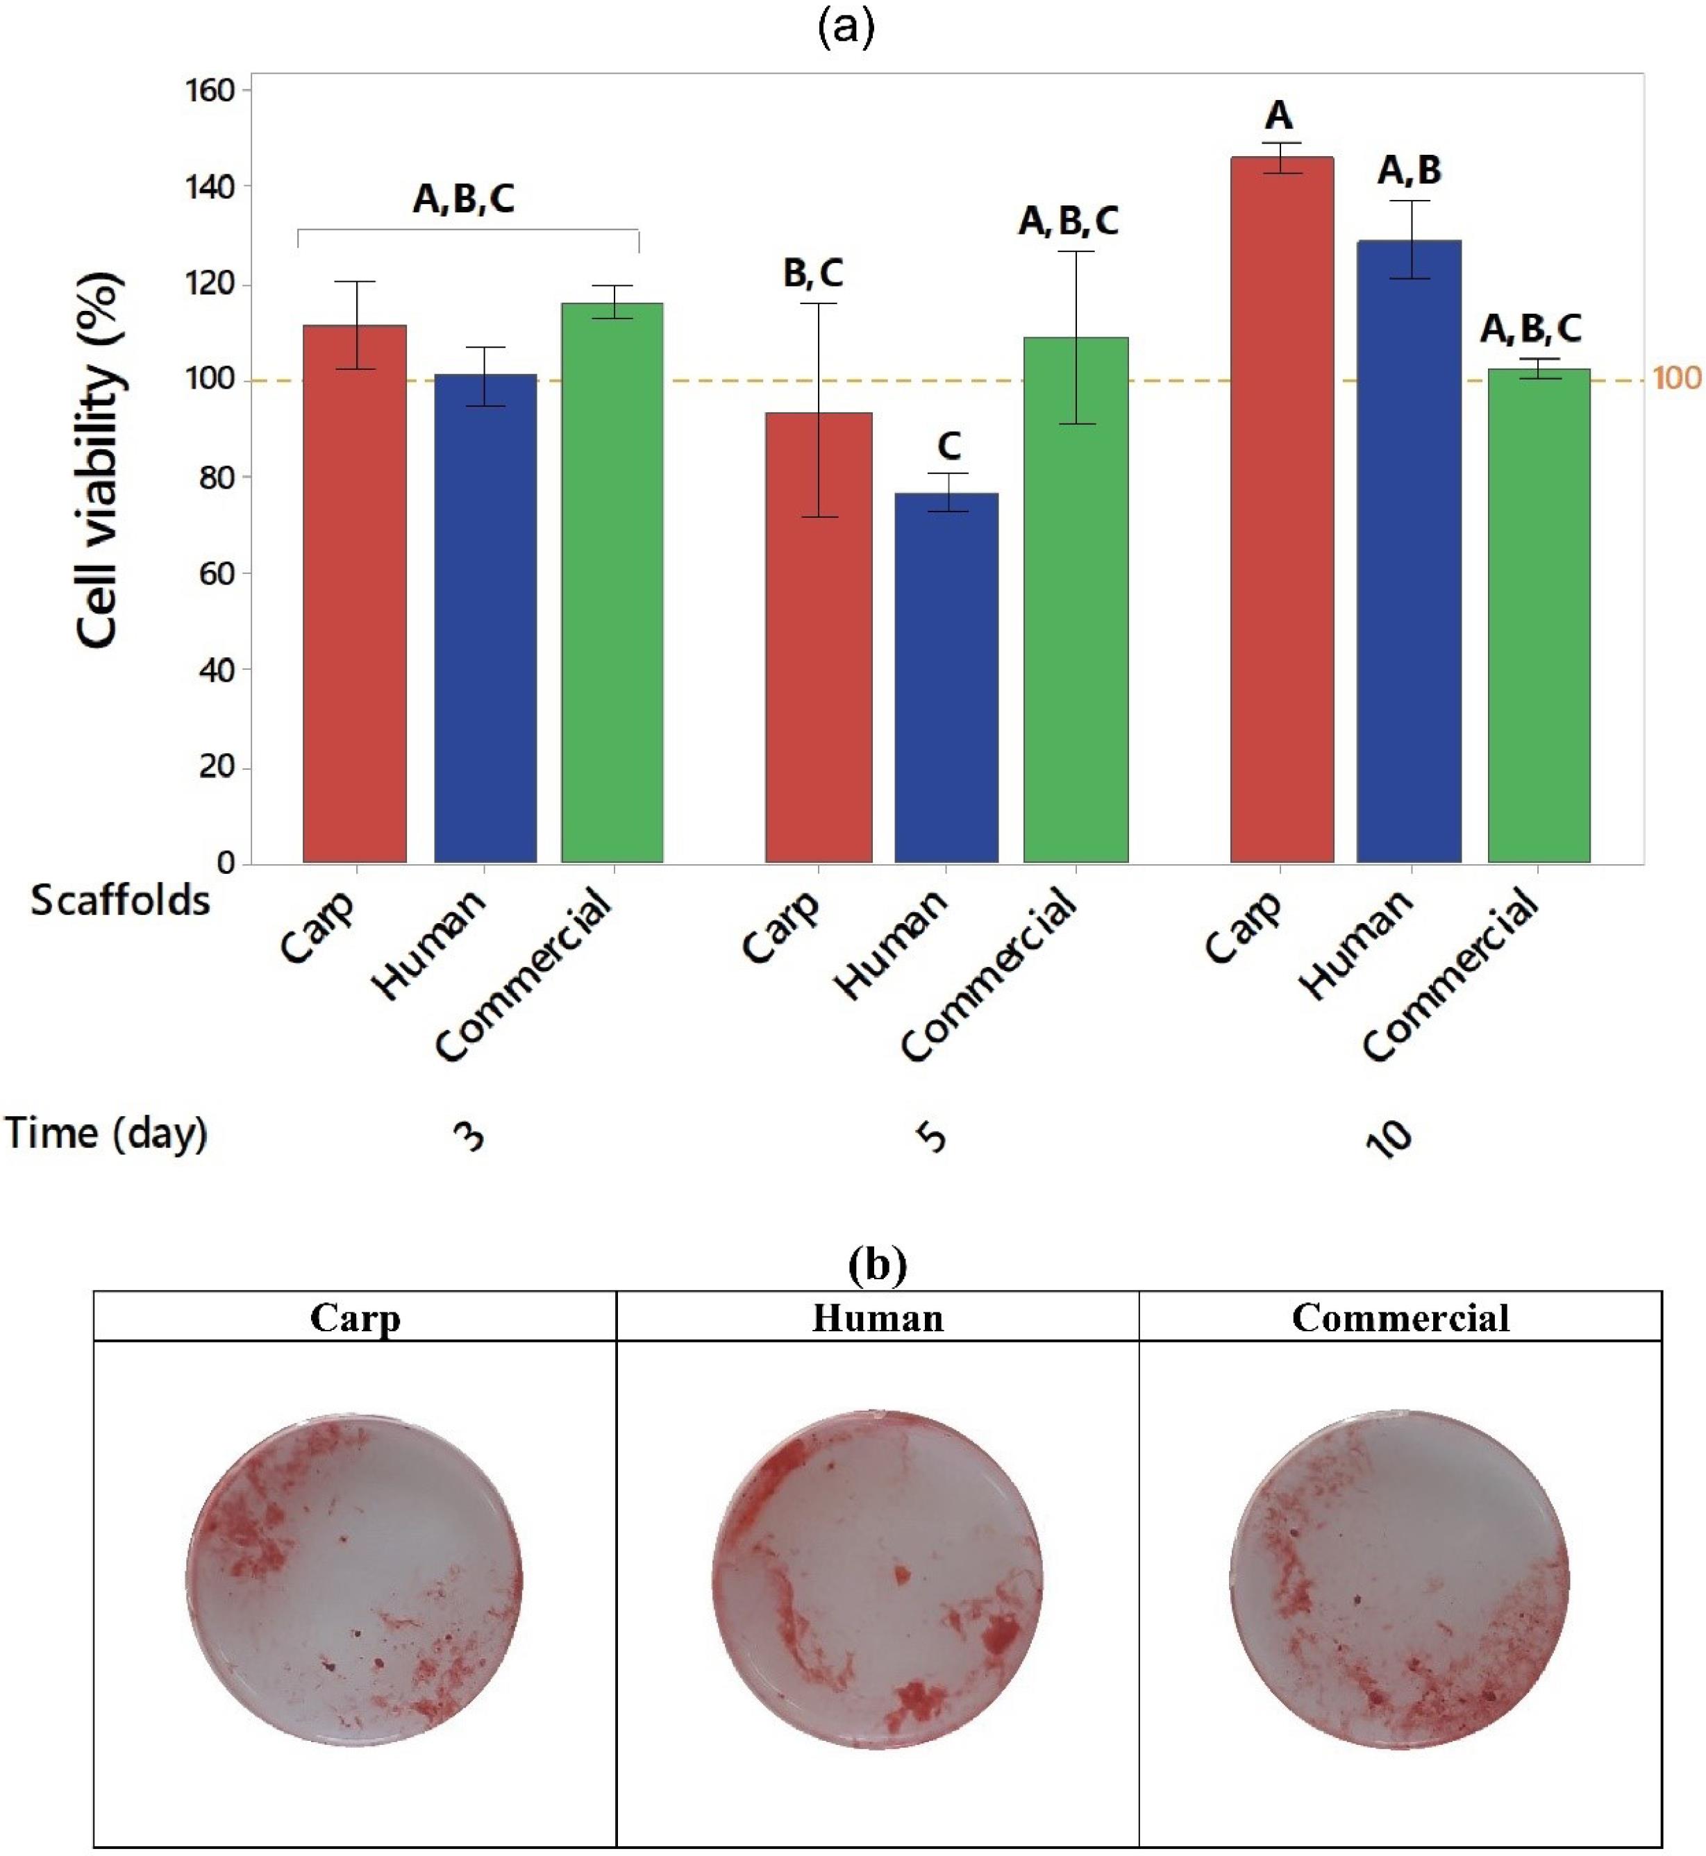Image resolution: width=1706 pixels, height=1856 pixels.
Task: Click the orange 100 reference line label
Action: point(1676,378)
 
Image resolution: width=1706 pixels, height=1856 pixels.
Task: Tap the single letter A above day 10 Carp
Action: point(1278,117)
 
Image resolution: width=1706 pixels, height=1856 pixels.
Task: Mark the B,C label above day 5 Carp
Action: point(813,273)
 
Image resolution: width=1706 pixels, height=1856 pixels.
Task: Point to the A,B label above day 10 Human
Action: point(1410,171)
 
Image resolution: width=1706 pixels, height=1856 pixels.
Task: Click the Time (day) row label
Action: point(106,1133)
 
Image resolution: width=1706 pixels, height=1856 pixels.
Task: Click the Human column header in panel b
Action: point(877,1318)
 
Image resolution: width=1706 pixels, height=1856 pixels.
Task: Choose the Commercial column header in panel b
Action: point(1400,1318)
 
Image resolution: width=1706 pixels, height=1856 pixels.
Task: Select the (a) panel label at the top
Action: point(846,28)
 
